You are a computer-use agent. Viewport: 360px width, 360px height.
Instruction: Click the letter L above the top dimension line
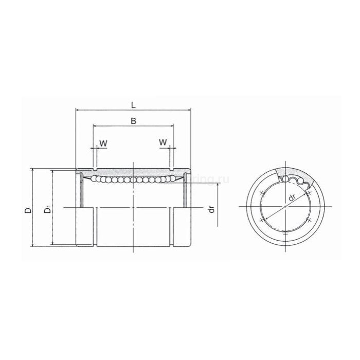[x=133, y=105]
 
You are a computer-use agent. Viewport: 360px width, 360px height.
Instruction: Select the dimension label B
[x=133, y=121]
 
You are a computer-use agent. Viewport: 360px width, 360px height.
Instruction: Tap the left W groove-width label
[x=103, y=142]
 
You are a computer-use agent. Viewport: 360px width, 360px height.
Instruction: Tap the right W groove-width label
[x=163, y=142]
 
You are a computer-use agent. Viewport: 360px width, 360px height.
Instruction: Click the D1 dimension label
[x=47, y=210]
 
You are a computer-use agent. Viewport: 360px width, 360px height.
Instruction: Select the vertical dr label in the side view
[x=211, y=210]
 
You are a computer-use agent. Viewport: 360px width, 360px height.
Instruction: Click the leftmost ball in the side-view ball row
[x=95, y=178]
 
